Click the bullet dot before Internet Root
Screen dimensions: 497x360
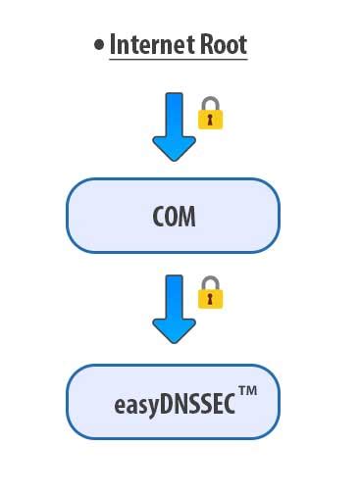click(x=99, y=45)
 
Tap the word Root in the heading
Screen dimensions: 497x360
click(x=224, y=44)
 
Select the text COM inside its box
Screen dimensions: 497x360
click(x=174, y=217)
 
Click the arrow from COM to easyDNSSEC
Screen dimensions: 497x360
click(x=175, y=307)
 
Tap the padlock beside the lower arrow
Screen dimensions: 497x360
click(x=211, y=294)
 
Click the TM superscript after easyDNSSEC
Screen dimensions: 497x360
click(x=247, y=392)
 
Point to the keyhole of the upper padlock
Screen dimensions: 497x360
click(x=211, y=119)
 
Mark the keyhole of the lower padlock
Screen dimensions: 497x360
click(x=211, y=298)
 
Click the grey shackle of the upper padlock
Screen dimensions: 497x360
click(x=211, y=102)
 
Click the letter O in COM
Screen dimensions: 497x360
click(x=173, y=217)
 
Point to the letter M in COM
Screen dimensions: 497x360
click(x=187, y=217)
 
